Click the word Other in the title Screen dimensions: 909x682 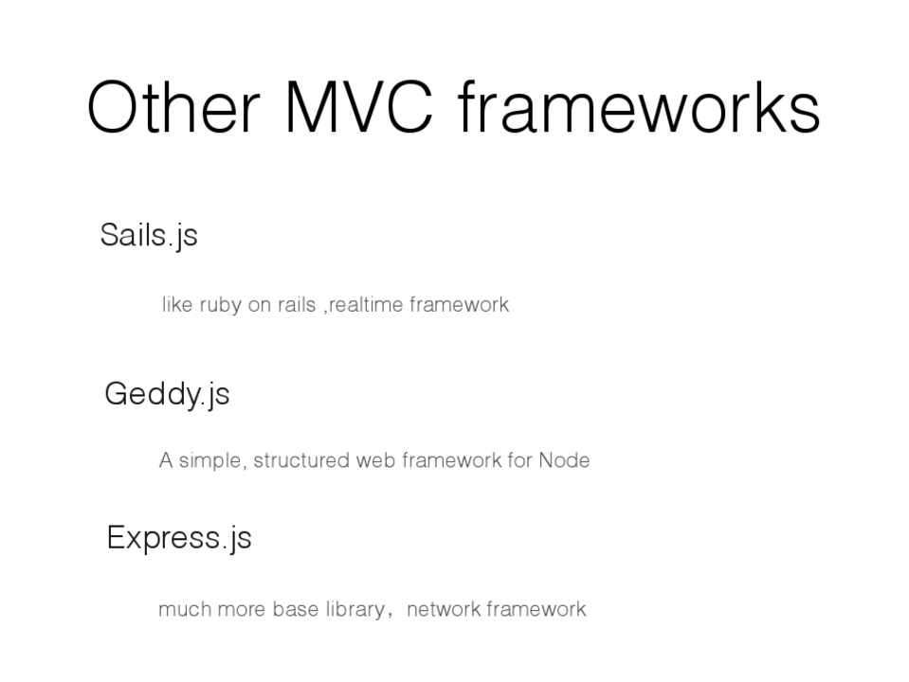click(173, 107)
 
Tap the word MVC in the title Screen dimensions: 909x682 click(359, 107)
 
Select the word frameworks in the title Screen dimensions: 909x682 click(639, 107)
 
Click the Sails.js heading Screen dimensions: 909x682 click(149, 236)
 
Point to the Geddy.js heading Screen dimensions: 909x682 click(167, 395)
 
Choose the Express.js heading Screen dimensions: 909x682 click(179, 538)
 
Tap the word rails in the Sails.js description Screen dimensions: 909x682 click(297, 304)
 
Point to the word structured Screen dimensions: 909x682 click(301, 460)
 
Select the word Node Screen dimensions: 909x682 click(564, 460)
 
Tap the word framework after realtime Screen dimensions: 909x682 click(459, 304)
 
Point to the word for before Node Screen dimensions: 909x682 click(519, 460)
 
